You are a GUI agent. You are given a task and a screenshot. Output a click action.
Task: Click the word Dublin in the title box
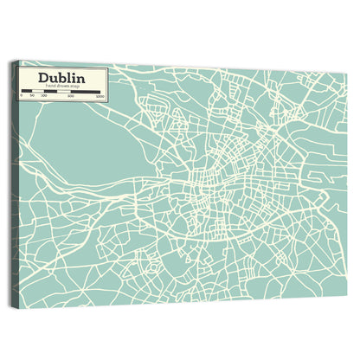[61, 79]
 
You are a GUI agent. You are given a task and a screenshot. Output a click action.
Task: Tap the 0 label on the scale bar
[21, 96]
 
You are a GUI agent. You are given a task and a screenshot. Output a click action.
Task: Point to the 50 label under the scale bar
[31, 96]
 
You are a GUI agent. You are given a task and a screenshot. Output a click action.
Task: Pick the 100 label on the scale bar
[42, 96]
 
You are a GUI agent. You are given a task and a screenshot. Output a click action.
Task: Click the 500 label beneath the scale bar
[71, 96]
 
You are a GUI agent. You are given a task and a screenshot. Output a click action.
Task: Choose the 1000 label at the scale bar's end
[100, 96]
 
